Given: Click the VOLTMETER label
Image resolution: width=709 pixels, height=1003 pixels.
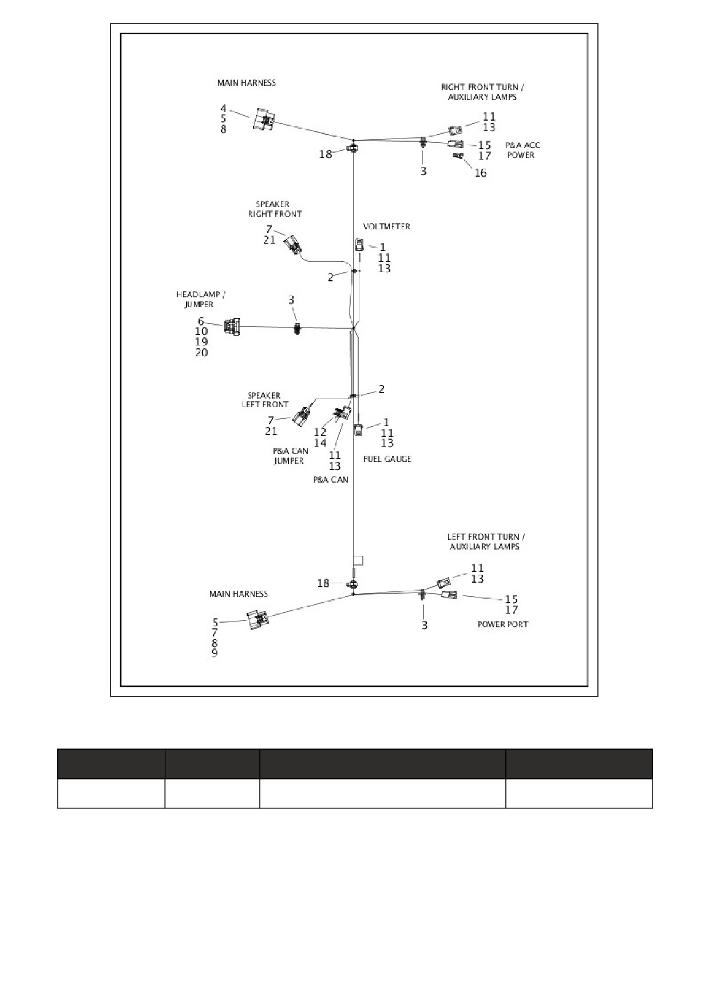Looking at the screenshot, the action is click(x=386, y=226).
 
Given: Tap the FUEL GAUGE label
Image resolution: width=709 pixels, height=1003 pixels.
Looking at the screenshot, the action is click(x=387, y=459).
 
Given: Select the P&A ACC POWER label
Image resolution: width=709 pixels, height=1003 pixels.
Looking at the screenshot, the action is click(x=522, y=150).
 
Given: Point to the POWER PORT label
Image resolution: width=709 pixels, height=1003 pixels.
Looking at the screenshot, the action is click(x=502, y=624).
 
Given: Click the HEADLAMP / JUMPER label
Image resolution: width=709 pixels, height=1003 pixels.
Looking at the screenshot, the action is click(x=200, y=299).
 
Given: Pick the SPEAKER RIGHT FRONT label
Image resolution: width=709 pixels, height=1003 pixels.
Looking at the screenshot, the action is click(x=274, y=209).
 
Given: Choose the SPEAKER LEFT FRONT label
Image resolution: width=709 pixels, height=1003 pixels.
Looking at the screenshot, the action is click(x=264, y=400).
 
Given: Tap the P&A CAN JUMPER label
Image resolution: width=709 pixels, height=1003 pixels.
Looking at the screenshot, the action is click(x=290, y=456).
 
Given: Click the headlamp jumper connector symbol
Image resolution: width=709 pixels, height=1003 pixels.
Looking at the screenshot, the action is click(x=232, y=327).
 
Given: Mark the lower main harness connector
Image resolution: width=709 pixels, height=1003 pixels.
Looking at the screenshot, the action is click(x=258, y=619).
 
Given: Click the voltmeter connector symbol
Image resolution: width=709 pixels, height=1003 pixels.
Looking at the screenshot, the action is click(x=359, y=245).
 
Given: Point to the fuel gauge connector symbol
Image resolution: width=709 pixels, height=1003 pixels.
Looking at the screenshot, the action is click(x=358, y=429).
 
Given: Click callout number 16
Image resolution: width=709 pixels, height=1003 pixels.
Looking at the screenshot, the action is click(x=481, y=173).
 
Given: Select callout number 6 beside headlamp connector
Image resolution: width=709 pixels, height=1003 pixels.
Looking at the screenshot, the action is click(x=201, y=321).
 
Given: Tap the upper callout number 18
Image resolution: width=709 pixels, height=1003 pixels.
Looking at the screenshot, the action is click(x=325, y=154).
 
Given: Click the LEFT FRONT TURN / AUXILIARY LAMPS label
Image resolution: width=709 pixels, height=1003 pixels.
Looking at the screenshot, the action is click(x=485, y=542).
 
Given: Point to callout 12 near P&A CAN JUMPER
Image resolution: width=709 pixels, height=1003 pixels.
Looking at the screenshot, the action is click(x=320, y=432).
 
